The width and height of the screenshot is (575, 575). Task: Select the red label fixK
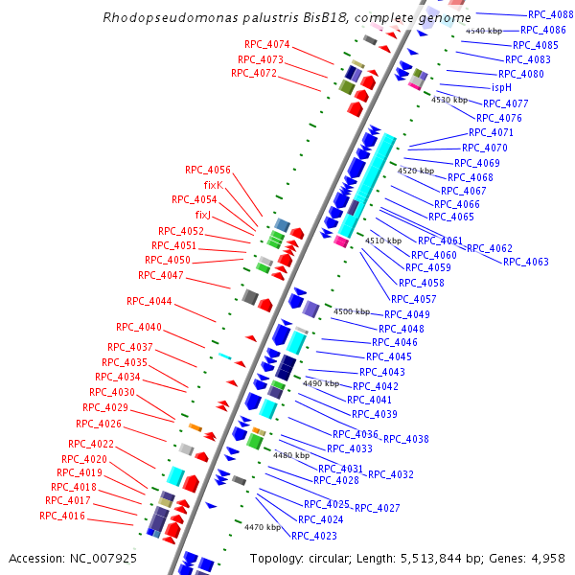[x=213, y=185]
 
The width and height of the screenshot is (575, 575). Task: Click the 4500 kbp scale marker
[x=351, y=311]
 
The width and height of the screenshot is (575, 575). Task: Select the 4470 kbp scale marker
[x=262, y=527]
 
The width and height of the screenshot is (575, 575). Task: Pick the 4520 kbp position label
[x=415, y=170]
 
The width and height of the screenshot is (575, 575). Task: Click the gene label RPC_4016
[x=62, y=516]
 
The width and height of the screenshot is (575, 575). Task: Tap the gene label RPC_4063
[x=526, y=262]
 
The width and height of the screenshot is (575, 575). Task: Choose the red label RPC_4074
[x=267, y=45]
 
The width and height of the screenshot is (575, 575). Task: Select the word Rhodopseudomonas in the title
[x=157, y=17]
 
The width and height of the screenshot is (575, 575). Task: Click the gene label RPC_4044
[x=149, y=301]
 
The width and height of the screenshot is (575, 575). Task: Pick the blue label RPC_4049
[x=407, y=314]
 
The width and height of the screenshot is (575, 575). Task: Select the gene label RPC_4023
[x=314, y=536]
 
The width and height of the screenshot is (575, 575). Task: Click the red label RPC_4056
[x=208, y=170]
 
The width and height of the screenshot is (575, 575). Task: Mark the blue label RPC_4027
[x=378, y=507]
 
